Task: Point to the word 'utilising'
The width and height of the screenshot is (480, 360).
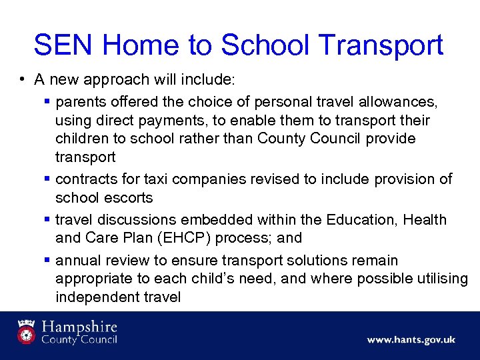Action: point(441,278)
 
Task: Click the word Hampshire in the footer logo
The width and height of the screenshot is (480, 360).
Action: point(79,327)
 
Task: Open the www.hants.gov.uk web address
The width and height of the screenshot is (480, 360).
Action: point(411,339)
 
